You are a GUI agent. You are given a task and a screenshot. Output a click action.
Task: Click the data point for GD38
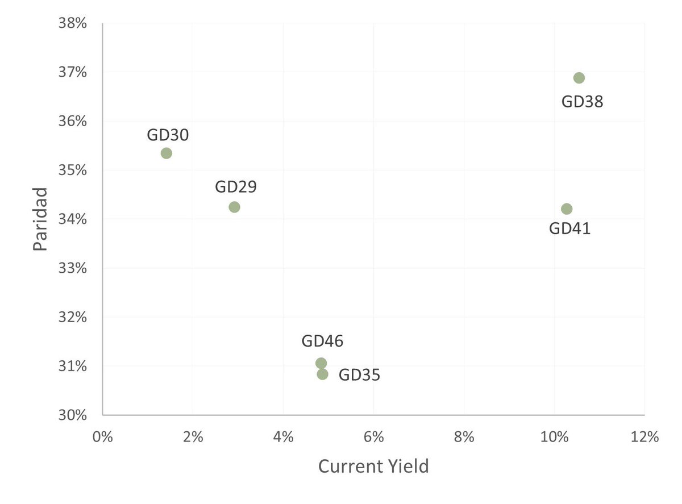pyautogui.click(x=579, y=78)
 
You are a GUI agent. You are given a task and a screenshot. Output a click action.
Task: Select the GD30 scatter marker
pyautogui.click(x=166, y=153)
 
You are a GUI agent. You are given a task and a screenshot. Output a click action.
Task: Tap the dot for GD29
pyautogui.click(x=234, y=207)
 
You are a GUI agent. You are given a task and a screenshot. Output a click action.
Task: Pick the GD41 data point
pyautogui.click(x=566, y=209)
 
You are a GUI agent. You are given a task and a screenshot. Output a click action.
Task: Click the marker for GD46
pyautogui.click(x=321, y=363)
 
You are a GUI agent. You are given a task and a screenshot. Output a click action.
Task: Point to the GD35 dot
pyautogui.click(x=322, y=374)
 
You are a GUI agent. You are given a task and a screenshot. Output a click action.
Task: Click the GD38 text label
pyautogui.click(x=582, y=102)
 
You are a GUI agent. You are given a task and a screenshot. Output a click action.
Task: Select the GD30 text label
pyautogui.click(x=168, y=135)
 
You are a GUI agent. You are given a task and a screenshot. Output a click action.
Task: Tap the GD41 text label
pyautogui.click(x=569, y=229)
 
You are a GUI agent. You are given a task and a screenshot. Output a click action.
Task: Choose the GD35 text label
pyautogui.click(x=359, y=375)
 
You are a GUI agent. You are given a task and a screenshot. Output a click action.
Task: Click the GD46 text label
pyautogui.click(x=322, y=341)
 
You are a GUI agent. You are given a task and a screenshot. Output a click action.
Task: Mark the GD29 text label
pyautogui.click(x=236, y=187)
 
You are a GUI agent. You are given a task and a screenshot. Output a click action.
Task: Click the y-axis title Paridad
pyautogui.click(x=39, y=219)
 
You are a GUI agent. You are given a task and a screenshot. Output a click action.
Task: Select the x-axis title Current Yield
pyautogui.click(x=373, y=466)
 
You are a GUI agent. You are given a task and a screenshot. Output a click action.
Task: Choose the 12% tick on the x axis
pyautogui.click(x=644, y=437)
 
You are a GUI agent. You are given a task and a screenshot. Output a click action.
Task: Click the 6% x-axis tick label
pyautogui.click(x=373, y=437)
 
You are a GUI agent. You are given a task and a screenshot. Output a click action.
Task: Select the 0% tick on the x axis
pyautogui.click(x=103, y=437)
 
